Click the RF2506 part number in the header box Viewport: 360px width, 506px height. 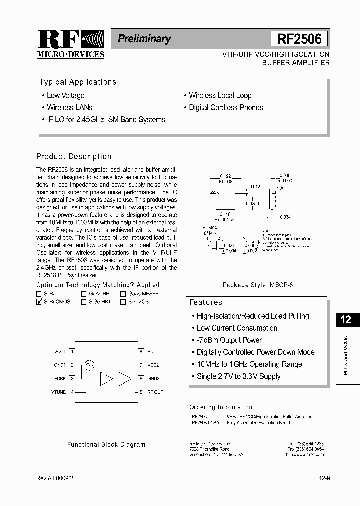click(299, 39)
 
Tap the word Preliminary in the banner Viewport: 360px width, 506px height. click(144, 39)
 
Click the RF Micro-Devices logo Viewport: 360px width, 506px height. click(70, 44)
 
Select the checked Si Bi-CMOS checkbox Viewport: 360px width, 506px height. click(39, 302)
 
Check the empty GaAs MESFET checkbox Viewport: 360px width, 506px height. click(123, 294)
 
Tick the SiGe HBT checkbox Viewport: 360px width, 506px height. click(84, 302)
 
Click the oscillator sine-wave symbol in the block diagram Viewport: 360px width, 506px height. click(90, 365)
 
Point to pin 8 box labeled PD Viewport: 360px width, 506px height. click(142, 352)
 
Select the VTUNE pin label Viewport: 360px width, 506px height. click(58, 392)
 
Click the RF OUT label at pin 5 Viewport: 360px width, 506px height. click(155, 392)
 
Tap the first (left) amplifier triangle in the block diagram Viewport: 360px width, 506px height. click(106, 379)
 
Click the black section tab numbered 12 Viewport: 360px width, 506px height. click(346, 320)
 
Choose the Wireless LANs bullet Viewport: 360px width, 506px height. click(69, 107)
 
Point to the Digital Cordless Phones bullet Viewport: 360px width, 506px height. click(226, 107)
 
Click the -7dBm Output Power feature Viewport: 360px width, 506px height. click(229, 340)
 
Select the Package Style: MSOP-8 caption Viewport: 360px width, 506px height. click(258, 285)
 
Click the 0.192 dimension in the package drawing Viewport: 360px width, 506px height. click(226, 176)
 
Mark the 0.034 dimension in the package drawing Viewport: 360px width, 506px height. click(285, 217)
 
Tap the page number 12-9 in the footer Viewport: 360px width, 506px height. click(324, 478)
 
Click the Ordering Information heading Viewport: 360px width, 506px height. click(221, 407)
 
